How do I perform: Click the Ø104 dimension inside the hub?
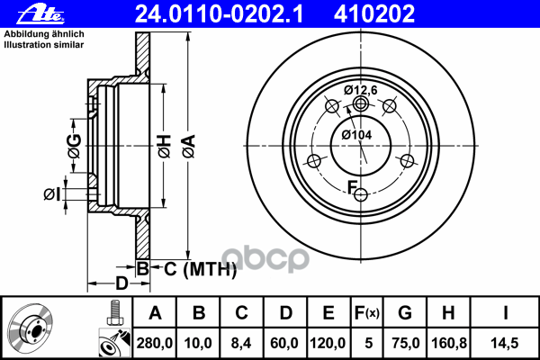356,135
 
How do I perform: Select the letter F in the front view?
353,187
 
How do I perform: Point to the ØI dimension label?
51,193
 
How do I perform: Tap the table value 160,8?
447,341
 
